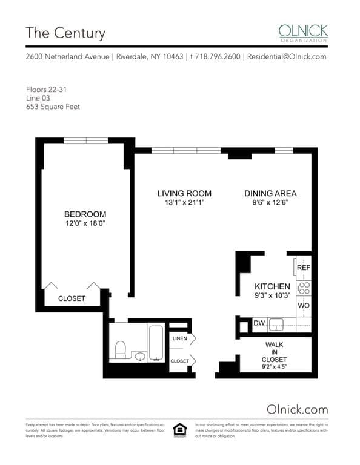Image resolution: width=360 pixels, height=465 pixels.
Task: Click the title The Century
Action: coord(65,33)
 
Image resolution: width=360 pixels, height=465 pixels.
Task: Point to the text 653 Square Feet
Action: coord(53,107)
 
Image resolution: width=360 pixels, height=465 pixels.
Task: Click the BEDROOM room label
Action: coord(85,214)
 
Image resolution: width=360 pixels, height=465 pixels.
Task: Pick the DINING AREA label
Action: coord(270,193)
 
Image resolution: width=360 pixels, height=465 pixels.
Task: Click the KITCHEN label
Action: coord(272,286)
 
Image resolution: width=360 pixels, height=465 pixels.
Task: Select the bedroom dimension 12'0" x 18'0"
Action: coord(85,223)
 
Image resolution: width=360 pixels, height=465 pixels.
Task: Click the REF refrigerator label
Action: coord(304,267)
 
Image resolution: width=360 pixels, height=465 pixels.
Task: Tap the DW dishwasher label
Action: coord(259,323)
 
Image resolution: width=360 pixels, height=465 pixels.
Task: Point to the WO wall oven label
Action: coord(304,306)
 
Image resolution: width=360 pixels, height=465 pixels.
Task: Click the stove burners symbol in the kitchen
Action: coord(304,288)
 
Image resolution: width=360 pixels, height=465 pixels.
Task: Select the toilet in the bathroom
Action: coord(120,349)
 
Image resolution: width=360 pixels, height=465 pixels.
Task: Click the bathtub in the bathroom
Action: coord(156,343)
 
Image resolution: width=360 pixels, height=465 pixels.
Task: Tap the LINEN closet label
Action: coord(179,338)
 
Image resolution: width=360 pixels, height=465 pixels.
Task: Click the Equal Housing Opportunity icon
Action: coord(179,428)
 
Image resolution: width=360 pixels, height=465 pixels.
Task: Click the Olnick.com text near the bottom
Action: coord(297,409)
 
